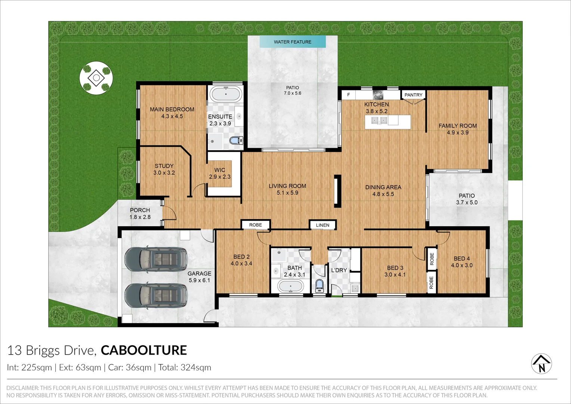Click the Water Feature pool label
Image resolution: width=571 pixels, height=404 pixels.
pyautogui.click(x=293, y=42)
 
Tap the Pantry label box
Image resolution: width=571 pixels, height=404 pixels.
pyautogui.click(x=413, y=95)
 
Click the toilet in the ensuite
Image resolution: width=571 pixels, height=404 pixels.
pyautogui.click(x=235, y=141)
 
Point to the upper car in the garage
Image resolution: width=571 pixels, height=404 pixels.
pyautogui.click(x=156, y=259)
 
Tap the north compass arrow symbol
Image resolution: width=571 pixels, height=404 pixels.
pyautogui.click(x=541, y=364)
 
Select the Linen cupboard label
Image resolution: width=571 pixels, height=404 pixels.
pyautogui.click(x=322, y=225)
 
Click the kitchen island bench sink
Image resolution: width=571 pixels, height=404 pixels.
pyautogui.click(x=378, y=120)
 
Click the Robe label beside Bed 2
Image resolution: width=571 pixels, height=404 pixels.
pyautogui.click(x=256, y=225)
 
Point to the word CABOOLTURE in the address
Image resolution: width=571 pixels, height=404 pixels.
pyautogui.click(x=144, y=350)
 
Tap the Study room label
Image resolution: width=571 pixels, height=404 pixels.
pyautogui.click(x=164, y=166)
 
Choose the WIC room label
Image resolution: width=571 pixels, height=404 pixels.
pyautogui.click(x=220, y=170)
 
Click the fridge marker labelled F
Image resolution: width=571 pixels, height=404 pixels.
pyautogui.click(x=349, y=95)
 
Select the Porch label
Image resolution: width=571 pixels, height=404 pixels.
pyautogui.click(x=140, y=210)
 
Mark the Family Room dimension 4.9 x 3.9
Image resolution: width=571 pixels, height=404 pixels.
pyautogui.click(x=458, y=133)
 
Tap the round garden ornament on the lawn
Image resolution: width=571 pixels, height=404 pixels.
pyautogui.click(x=96, y=78)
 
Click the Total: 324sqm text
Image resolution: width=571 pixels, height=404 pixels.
pyautogui.click(x=185, y=368)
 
